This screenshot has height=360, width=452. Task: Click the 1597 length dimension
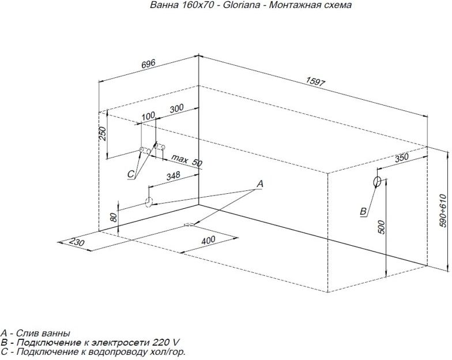coord(315,82)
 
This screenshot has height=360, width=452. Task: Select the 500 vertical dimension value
coord(382,227)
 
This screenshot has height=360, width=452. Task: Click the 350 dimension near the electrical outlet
coord(401,157)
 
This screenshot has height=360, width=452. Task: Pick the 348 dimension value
coord(173,175)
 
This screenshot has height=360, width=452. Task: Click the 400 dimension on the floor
coord(208,240)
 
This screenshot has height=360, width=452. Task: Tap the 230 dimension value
coord(77,242)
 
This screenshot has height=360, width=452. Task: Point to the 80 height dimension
coord(114,217)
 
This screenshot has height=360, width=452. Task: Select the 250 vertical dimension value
coord(103,134)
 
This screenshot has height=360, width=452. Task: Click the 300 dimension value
coord(176,108)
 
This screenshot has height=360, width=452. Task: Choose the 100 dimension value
coord(149,117)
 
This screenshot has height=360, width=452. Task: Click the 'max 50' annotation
coord(187,160)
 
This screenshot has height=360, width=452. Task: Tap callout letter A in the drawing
coord(259,183)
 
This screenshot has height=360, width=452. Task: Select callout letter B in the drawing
coord(363,211)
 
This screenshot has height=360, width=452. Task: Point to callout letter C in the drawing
coord(131,174)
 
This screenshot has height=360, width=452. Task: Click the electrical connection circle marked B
coord(377,182)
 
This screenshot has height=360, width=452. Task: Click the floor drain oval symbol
coord(189,225)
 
